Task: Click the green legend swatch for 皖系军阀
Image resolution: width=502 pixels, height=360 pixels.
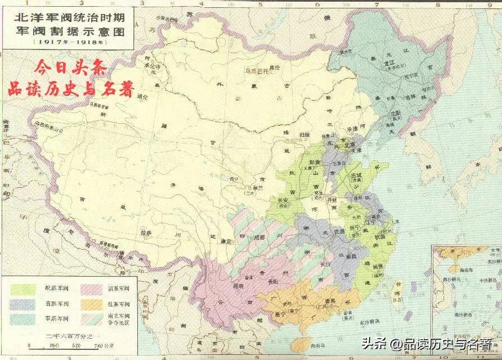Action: point(21,289)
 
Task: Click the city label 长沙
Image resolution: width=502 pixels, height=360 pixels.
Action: point(325,264)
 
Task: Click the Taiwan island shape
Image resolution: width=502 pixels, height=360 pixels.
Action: point(398,292)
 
